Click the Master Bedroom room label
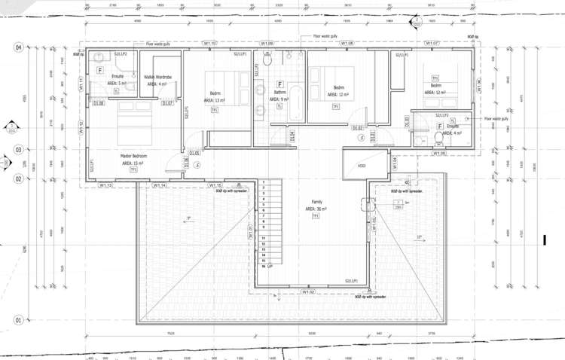click(x=133, y=156)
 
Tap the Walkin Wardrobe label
click(x=158, y=77)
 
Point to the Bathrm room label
click(x=280, y=93)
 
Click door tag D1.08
click(x=99, y=103)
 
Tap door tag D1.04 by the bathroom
click(x=292, y=135)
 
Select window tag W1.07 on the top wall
click(x=431, y=43)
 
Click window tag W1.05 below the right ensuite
click(x=439, y=153)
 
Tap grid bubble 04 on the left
click(x=17, y=47)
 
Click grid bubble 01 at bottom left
click(x=17, y=319)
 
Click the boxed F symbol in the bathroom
click(x=280, y=84)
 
